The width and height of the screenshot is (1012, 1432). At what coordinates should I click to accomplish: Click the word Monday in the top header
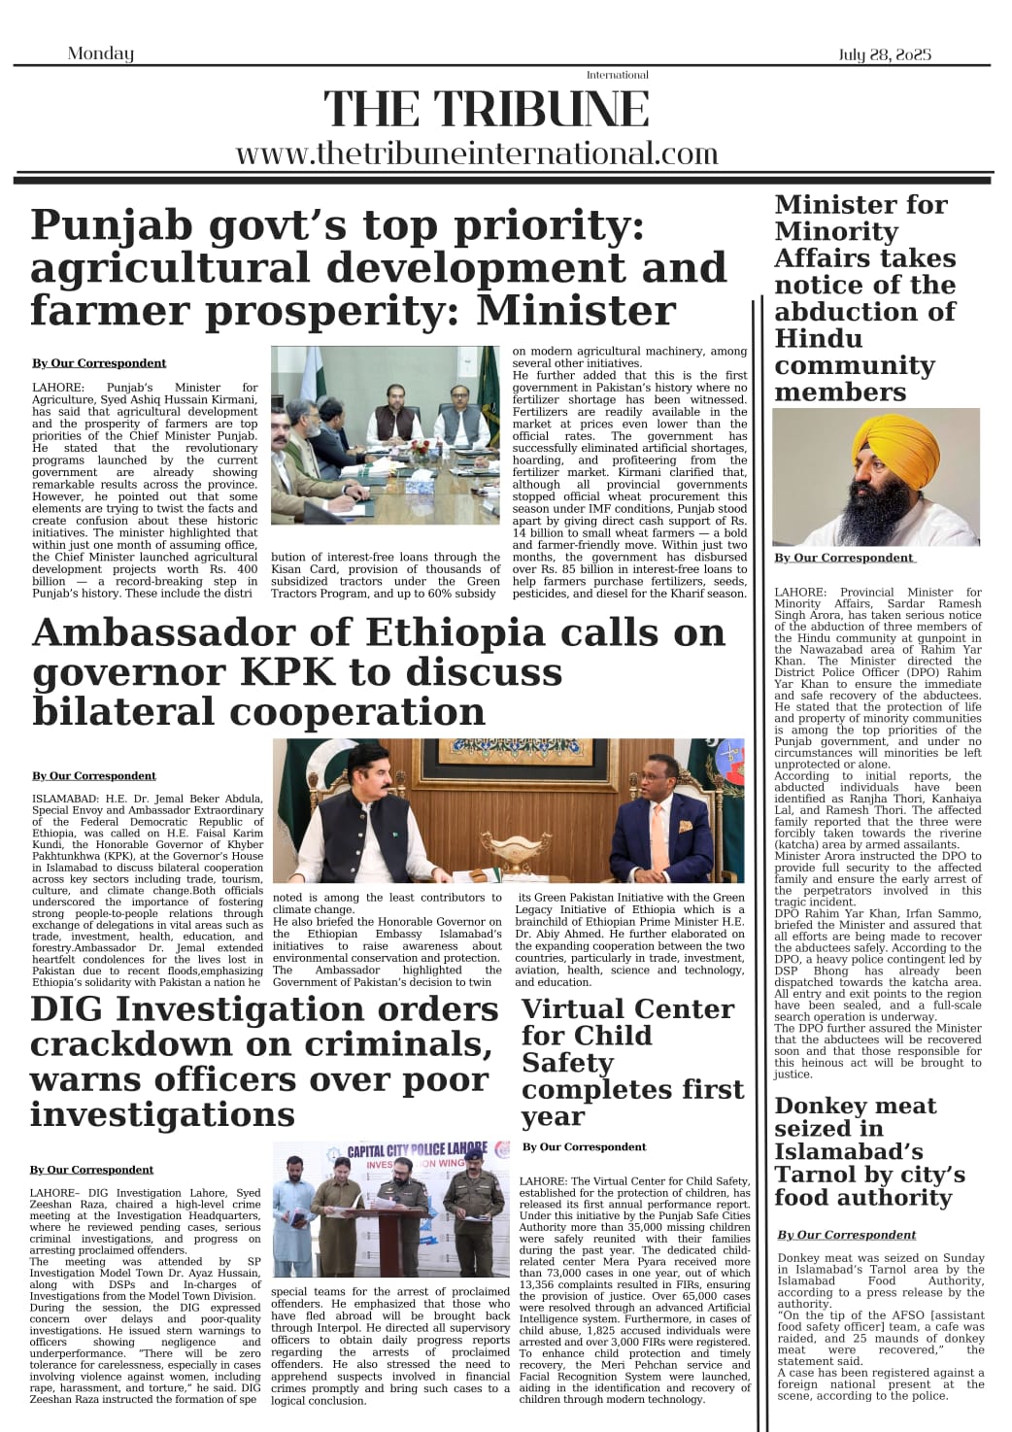(x=100, y=53)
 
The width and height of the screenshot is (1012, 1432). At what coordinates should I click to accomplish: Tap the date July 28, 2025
(x=884, y=54)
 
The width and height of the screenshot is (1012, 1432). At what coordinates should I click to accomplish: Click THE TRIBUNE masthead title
(x=486, y=109)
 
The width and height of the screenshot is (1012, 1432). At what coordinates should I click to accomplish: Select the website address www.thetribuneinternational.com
(x=476, y=153)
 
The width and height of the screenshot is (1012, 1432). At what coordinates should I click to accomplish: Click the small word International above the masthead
(x=617, y=75)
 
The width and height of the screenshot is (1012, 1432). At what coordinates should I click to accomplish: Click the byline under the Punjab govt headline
(x=98, y=363)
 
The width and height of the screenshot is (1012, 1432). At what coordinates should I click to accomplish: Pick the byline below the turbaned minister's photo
(x=843, y=558)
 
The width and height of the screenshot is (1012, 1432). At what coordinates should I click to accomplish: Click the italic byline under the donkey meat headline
(x=846, y=1235)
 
